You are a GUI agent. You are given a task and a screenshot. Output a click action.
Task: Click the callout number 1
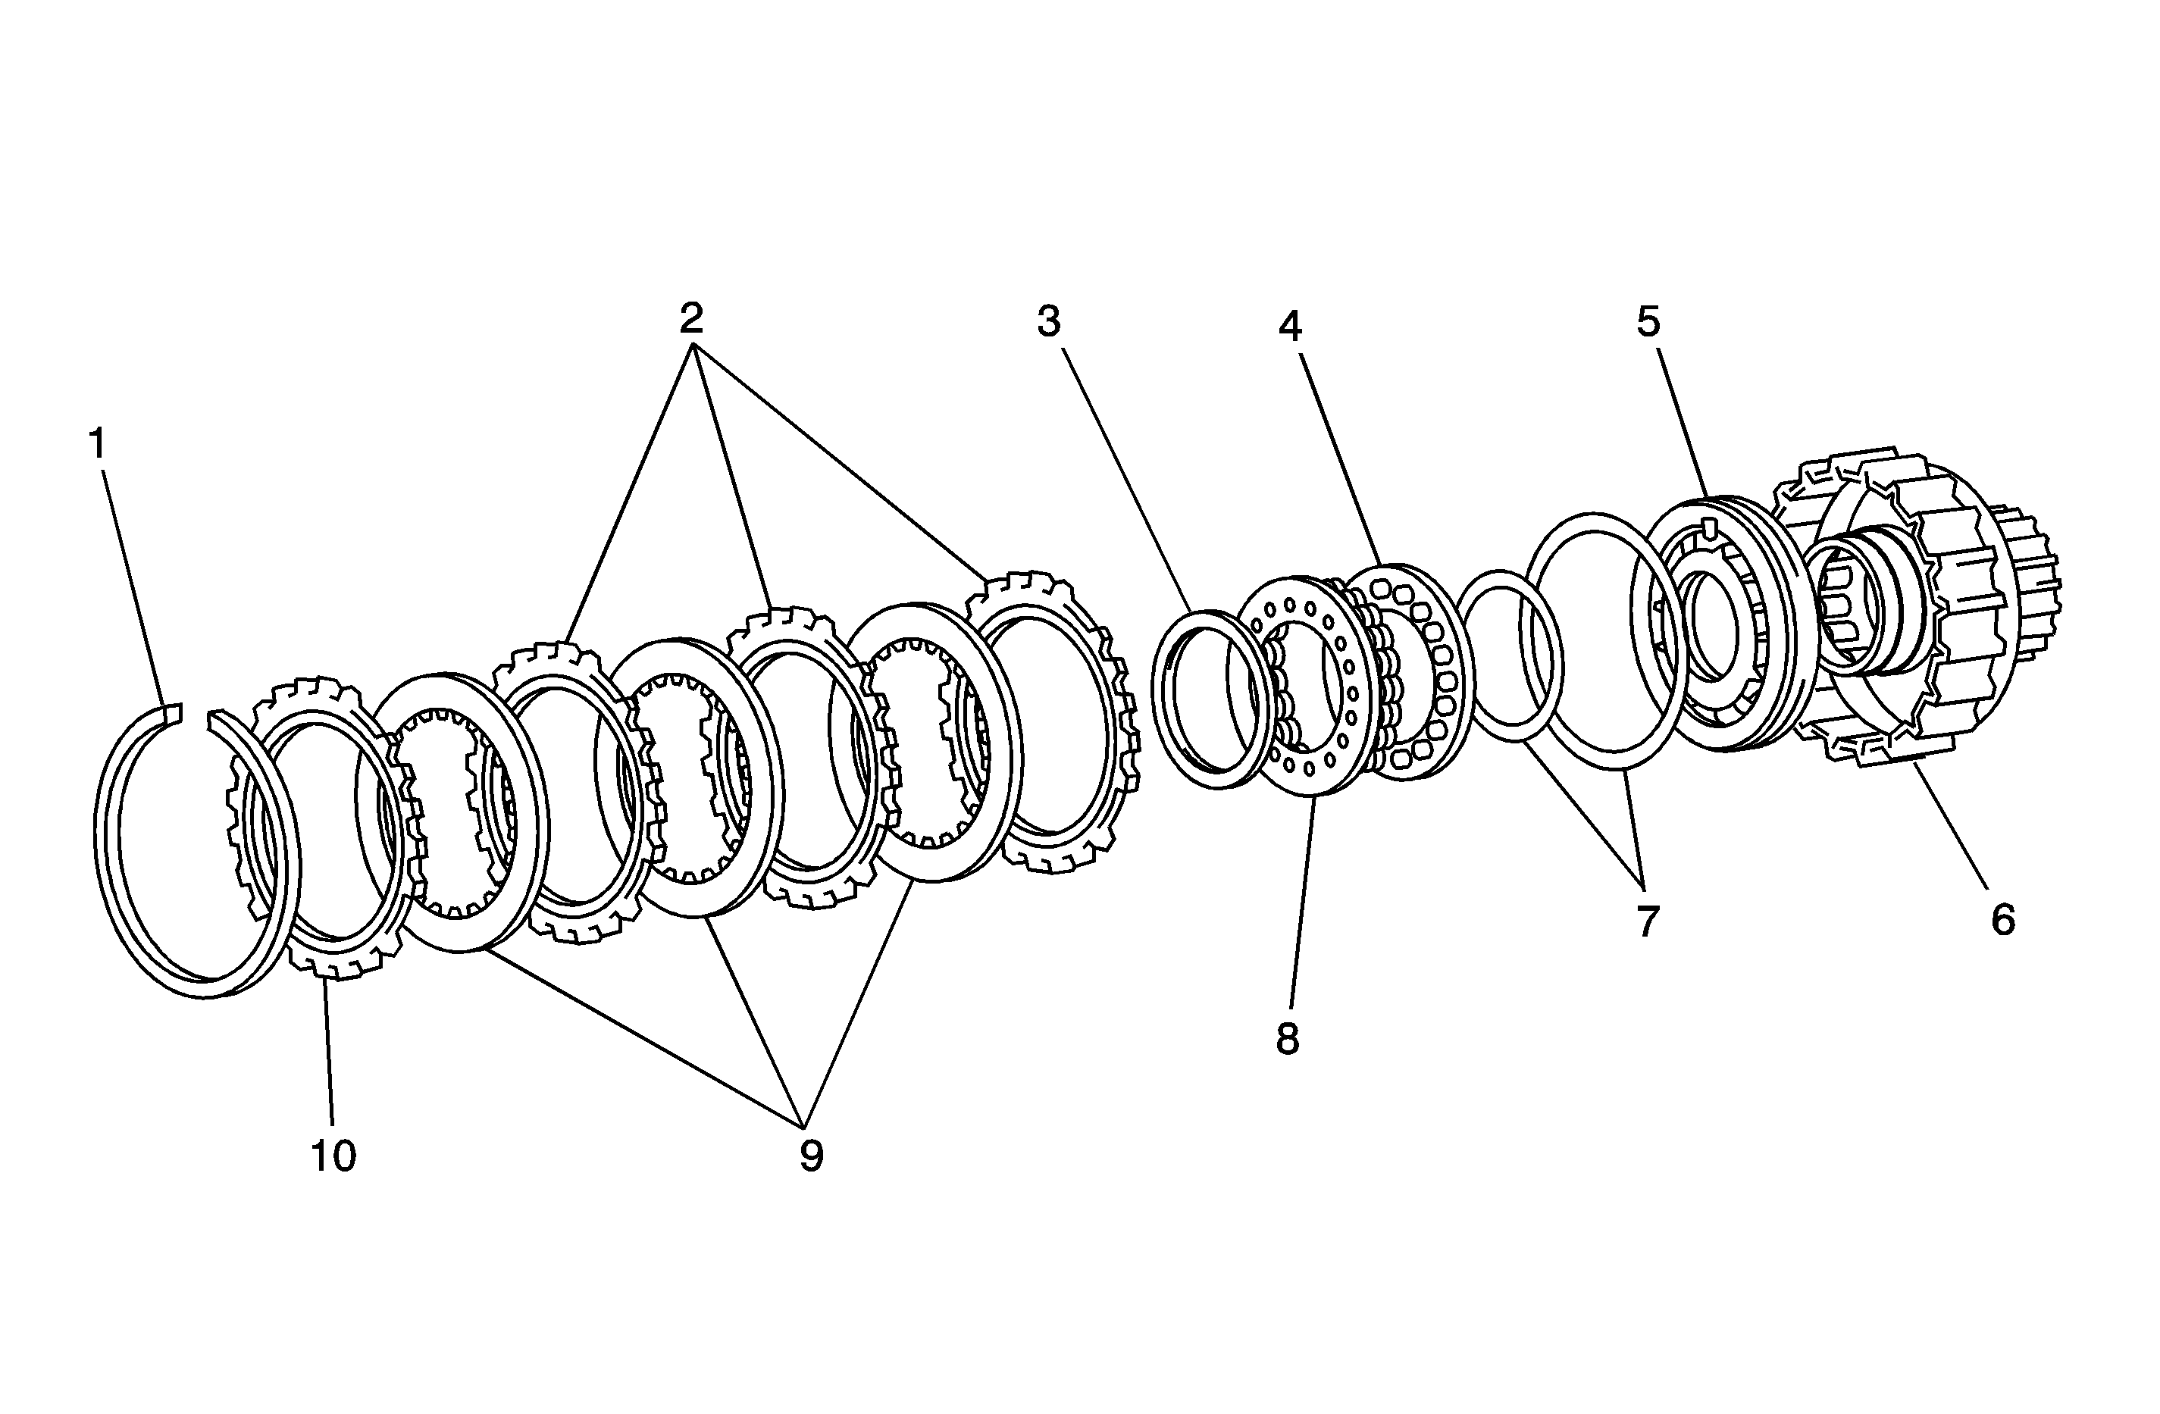click(x=98, y=444)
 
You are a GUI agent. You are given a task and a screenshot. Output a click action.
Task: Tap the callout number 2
click(x=691, y=318)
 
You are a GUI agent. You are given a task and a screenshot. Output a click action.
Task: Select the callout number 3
click(x=1049, y=321)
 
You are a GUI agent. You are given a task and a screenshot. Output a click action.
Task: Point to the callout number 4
click(x=1291, y=325)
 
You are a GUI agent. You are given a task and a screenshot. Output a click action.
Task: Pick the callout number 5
click(x=1649, y=321)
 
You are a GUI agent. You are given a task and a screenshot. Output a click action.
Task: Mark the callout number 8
click(x=1288, y=1039)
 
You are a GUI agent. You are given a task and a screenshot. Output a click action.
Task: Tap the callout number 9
click(x=812, y=1156)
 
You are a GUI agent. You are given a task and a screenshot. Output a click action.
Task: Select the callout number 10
click(x=333, y=1156)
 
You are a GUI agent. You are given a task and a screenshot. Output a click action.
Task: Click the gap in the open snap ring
click(x=195, y=713)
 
